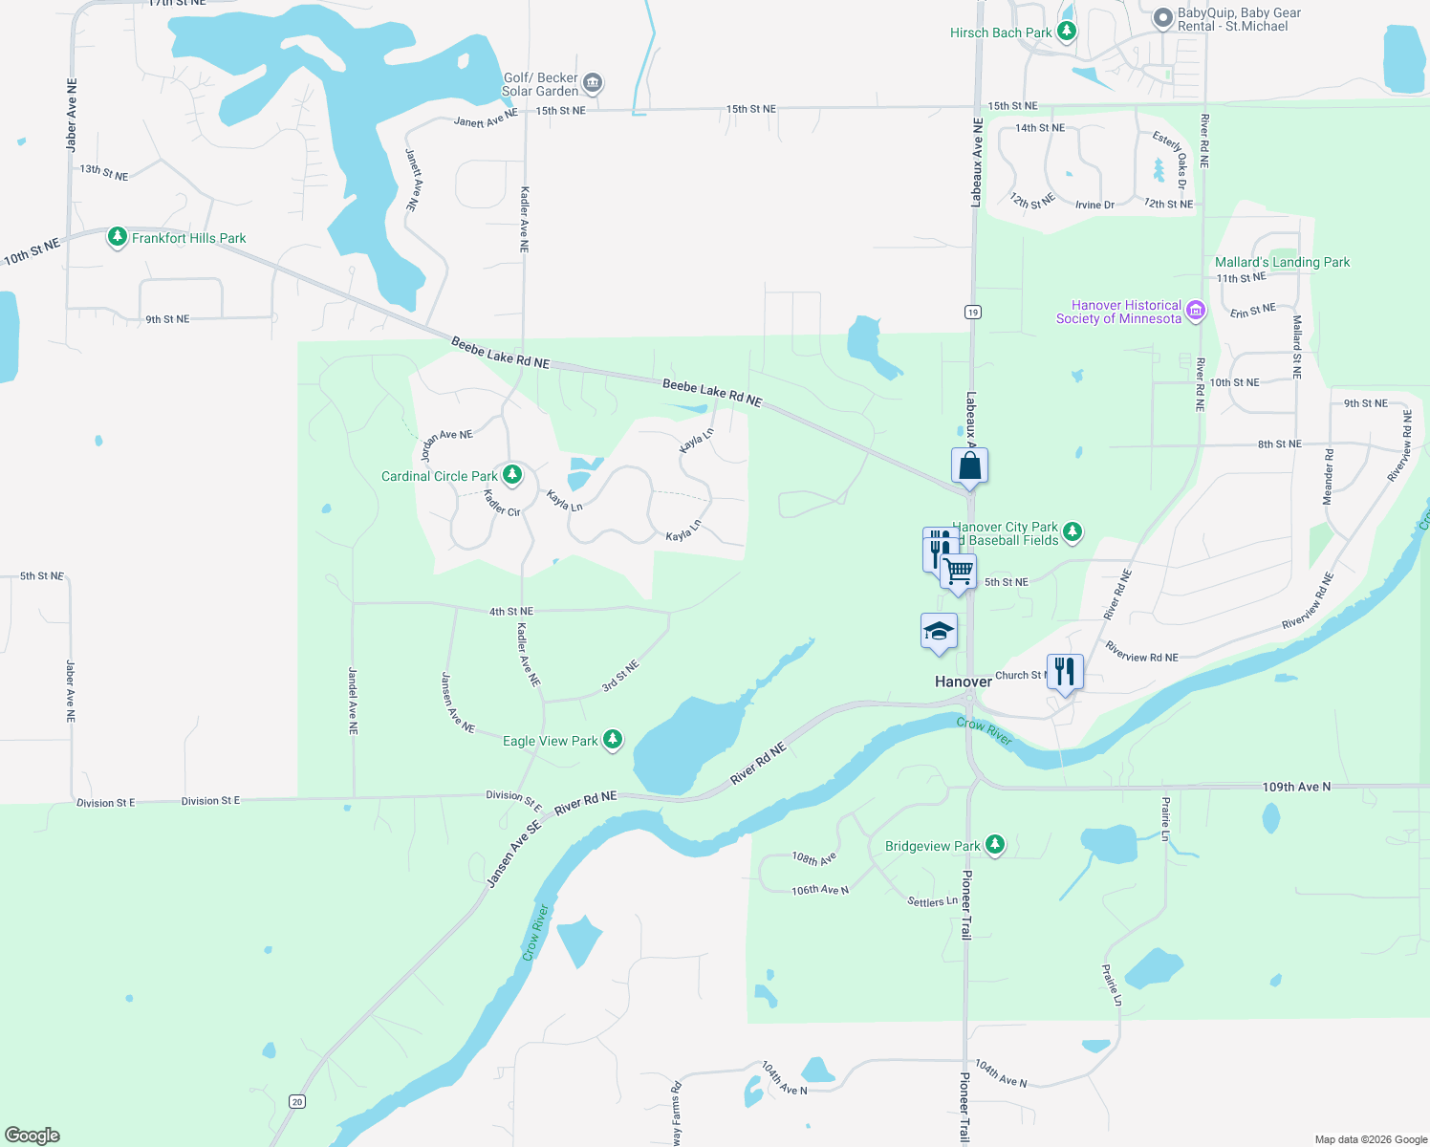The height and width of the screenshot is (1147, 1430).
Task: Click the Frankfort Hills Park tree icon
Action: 118,236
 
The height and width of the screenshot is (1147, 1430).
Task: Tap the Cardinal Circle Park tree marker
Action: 512,474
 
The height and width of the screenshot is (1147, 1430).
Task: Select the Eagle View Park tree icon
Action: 613,739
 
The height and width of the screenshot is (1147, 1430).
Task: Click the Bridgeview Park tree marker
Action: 995,844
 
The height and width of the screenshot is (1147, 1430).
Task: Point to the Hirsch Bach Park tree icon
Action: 1067,32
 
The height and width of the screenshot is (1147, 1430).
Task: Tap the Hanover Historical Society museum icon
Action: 1195,310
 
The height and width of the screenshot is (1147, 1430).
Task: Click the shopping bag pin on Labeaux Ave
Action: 969,466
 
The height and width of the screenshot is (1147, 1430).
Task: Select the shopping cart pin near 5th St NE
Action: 958,572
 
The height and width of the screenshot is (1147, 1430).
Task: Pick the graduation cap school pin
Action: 939,632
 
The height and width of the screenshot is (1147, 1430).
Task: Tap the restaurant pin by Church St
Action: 1065,672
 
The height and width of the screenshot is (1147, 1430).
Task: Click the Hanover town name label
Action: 963,682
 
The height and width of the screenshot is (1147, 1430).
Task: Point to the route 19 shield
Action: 973,312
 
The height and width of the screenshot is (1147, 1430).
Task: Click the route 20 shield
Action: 297,1102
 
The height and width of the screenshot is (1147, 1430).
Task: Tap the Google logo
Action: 32,1136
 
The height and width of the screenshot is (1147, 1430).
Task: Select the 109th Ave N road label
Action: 1296,787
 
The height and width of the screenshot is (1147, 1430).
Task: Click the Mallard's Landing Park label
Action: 1282,262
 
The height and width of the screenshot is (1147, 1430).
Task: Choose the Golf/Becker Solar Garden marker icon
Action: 593,83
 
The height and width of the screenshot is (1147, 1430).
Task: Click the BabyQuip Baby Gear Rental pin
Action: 1162,17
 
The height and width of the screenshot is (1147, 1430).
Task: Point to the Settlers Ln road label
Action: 932,901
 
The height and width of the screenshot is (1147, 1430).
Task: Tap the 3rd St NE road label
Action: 620,676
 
